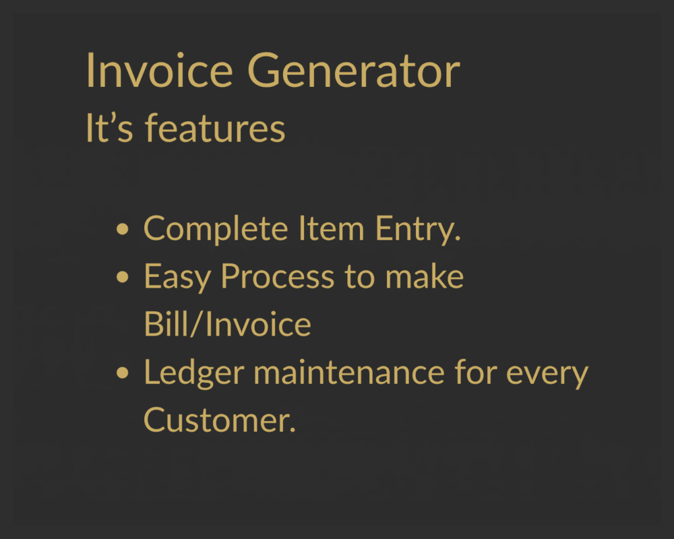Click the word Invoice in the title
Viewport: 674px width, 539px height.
pyautogui.click(x=159, y=70)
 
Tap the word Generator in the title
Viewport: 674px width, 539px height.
pyautogui.click(x=353, y=70)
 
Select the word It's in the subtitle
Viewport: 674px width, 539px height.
pyautogui.click(x=109, y=127)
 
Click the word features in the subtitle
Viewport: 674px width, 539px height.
pyautogui.click(x=215, y=127)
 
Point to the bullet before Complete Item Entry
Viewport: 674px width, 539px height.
pyautogui.click(x=122, y=229)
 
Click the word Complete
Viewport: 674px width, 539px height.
pyautogui.click(x=216, y=229)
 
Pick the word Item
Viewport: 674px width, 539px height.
pyautogui.click(x=332, y=228)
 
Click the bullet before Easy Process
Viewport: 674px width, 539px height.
pyautogui.click(x=122, y=277)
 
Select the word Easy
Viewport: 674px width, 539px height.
pyautogui.click(x=177, y=278)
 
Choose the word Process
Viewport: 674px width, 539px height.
pyautogui.click(x=277, y=276)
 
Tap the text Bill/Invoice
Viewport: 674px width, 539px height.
pyautogui.click(x=227, y=324)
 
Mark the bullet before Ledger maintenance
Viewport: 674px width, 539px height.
pyautogui.click(x=122, y=372)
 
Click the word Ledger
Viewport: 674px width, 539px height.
pyautogui.click(x=194, y=372)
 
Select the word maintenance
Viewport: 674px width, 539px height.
pyautogui.click(x=349, y=372)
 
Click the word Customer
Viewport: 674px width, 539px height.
pyautogui.click(x=220, y=420)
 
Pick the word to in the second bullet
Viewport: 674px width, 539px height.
pyautogui.click(x=359, y=277)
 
